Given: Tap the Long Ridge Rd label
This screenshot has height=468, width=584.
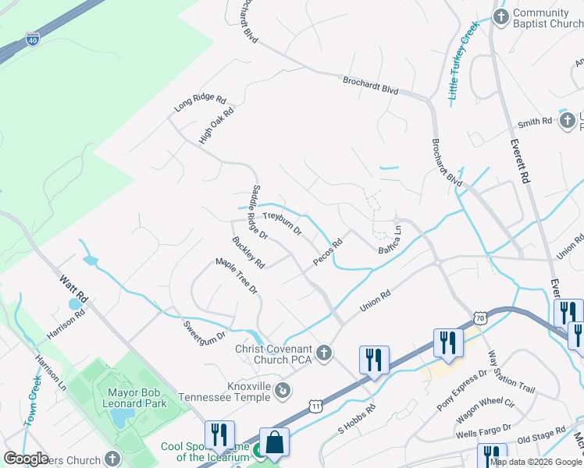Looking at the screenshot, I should [200, 105].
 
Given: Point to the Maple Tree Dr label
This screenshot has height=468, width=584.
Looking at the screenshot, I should [237, 275].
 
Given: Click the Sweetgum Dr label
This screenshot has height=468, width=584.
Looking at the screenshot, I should [204, 331].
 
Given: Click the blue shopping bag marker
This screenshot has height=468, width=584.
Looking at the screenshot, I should [275, 443].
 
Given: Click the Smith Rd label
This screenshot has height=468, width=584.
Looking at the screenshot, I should [534, 122].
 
